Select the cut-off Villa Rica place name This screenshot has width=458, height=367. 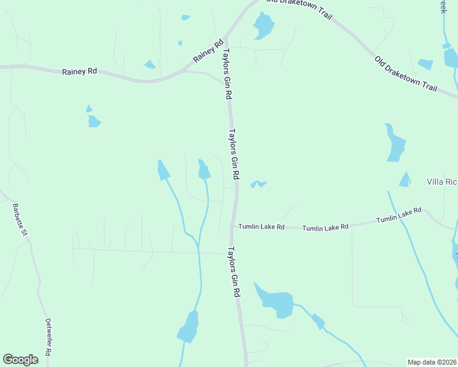pyautogui.click(x=442, y=182)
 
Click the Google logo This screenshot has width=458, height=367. pyautogui.click(x=20, y=360)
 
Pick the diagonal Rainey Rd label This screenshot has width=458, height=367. pyautogui.click(x=209, y=51)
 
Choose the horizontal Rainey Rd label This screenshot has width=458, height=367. pyautogui.click(x=80, y=72)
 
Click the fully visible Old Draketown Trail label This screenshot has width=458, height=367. pyautogui.click(x=406, y=74)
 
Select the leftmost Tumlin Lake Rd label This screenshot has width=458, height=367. pyautogui.click(x=261, y=226)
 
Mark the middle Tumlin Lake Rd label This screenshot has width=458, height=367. pyautogui.click(x=325, y=226)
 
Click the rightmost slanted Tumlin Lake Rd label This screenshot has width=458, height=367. pyautogui.click(x=399, y=215)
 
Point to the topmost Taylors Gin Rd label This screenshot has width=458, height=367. pyautogui.click(x=227, y=75)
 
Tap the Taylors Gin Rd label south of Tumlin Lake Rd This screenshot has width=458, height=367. pyautogui.click(x=233, y=272)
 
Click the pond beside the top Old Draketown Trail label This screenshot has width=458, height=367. pyautogui.click(x=263, y=25)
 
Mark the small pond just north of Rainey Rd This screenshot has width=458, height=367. pyautogui.click(x=150, y=64)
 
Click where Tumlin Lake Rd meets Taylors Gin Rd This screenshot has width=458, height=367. pyautogui.click(x=233, y=227)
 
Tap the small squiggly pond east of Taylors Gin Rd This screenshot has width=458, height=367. pyautogui.click(x=258, y=183)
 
